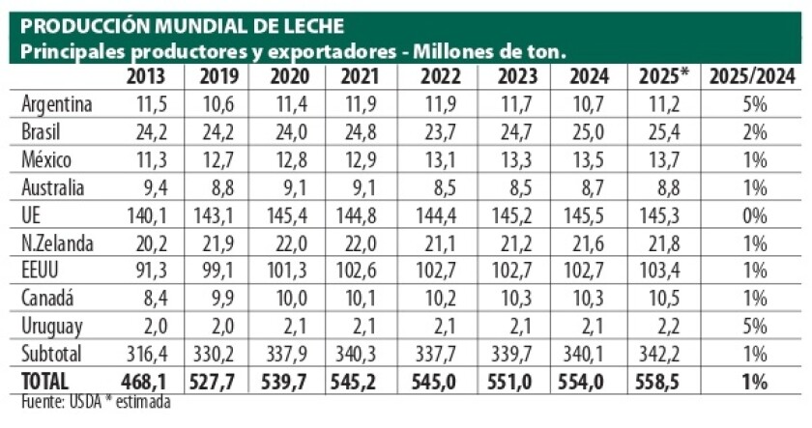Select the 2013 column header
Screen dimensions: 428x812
tap(146, 76)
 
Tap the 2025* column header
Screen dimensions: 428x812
tap(661, 76)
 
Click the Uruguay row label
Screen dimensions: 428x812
tap(52, 328)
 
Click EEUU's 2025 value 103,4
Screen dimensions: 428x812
tap(662, 271)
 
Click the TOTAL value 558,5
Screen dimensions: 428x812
tap(662, 384)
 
